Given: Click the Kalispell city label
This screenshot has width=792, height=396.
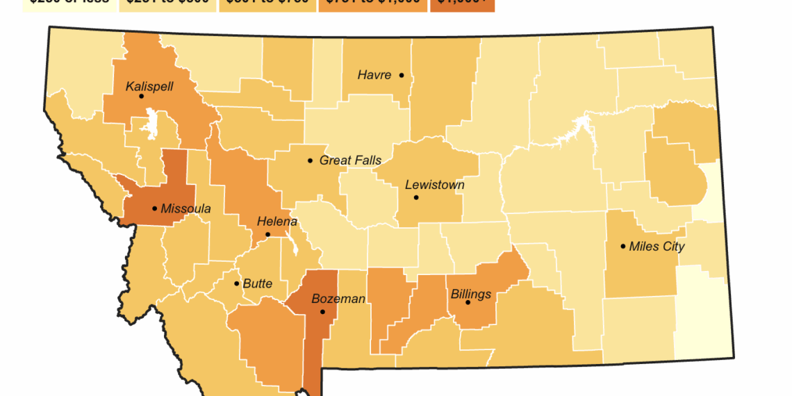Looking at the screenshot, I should click(x=149, y=87).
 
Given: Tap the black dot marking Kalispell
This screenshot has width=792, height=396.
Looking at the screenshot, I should click(x=141, y=97).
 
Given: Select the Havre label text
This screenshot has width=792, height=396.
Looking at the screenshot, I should click(x=374, y=75).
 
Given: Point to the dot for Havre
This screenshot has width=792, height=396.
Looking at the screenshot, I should click(x=402, y=75).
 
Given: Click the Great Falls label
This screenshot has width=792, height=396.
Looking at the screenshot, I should click(x=350, y=160).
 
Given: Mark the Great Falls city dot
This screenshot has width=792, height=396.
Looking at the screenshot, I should click(x=311, y=160).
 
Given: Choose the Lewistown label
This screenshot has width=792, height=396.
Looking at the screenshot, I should click(x=435, y=185).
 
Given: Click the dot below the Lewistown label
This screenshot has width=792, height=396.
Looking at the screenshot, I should click(x=416, y=197).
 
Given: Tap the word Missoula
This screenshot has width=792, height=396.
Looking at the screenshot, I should click(x=185, y=208).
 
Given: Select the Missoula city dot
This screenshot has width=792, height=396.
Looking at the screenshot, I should click(x=154, y=208).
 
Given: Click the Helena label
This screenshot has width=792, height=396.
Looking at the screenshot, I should click(x=277, y=222).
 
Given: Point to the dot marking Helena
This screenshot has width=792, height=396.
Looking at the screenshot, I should click(x=268, y=235).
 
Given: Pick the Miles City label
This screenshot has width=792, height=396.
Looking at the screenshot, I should click(x=657, y=247).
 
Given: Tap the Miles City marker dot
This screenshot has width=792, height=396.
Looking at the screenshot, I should click(x=623, y=246).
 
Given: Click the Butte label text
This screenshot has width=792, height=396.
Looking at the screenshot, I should click(x=257, y=283).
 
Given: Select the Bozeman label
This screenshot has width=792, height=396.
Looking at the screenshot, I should click(x=338, y=299).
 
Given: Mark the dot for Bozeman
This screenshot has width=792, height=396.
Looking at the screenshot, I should click(x=322, y=312).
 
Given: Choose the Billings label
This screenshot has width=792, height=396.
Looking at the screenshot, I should click(x=471, y=294).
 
